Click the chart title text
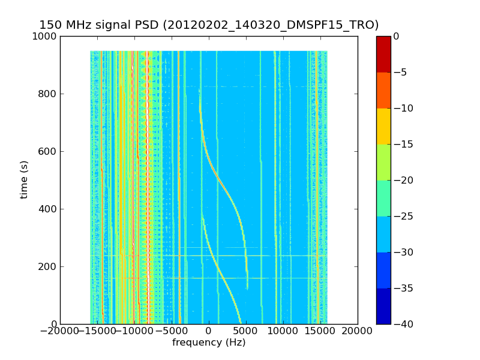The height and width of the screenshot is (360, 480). (209, 25)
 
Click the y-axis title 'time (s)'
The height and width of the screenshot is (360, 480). (25, 179)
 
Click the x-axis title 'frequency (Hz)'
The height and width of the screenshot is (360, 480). (209, 343)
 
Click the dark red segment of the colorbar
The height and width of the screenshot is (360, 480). (383, 54)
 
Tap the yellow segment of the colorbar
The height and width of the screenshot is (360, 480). (383, 126)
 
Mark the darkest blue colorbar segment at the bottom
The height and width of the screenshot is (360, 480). (383, 306)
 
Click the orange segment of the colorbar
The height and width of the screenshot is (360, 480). (383, 90)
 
